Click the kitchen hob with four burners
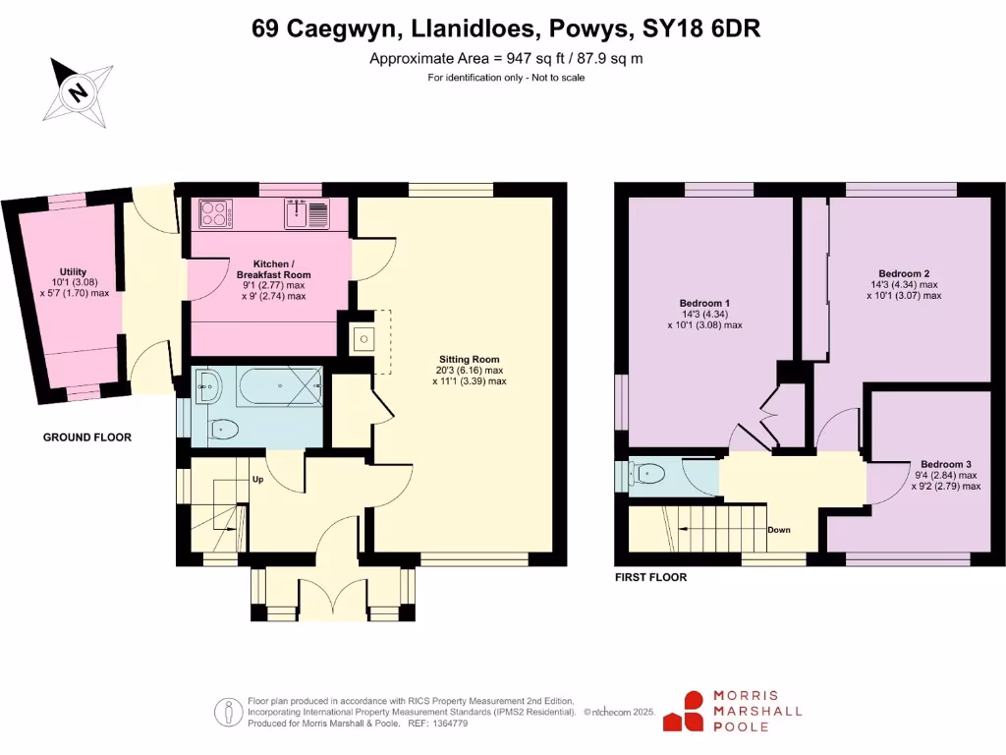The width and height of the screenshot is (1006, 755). (x=214, y=212)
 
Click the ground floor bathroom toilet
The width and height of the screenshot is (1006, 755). (x=224, y=429)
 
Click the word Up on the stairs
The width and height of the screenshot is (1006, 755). (x=257, y=480)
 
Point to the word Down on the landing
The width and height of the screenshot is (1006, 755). (x=778, y=530)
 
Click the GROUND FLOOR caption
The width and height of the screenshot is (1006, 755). (x=86, y=437)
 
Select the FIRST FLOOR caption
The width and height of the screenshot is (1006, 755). (x=650, y=578)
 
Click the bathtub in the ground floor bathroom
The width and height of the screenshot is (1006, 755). (x=278, y=386)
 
